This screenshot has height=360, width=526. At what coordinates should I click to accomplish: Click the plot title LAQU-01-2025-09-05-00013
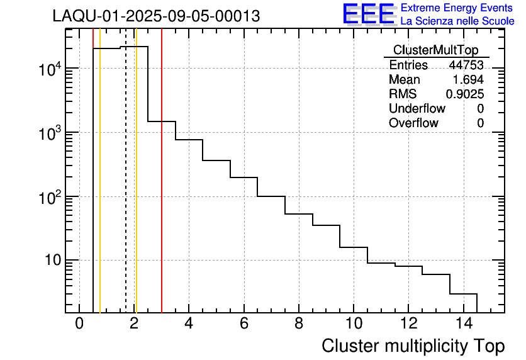tap(156, 16)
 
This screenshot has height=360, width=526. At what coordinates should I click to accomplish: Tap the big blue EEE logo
tap(368, 14)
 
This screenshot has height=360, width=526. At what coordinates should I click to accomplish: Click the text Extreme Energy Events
tap(457, 8)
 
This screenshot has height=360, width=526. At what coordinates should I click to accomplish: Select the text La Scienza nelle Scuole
tap(457, 21)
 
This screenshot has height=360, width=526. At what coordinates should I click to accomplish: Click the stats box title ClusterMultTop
tap(435, 50)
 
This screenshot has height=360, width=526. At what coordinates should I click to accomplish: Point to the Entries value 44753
tap(466, 65)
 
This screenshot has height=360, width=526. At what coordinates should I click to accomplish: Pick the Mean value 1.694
tap(468, 80)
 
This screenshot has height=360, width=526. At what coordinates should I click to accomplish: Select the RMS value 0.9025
tap(465, 94)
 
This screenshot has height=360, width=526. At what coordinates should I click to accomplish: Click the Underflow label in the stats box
tap(417, 108)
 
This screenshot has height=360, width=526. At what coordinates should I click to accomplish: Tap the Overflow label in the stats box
tap(413, 123)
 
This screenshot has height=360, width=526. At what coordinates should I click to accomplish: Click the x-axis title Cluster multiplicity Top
tap(413, 346)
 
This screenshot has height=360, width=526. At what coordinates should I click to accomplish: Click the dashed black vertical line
tap(126, 189)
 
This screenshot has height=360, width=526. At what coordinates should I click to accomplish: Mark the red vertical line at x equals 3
tap(162, 189)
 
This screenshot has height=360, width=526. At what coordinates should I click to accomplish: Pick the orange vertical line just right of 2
tap(136, 189)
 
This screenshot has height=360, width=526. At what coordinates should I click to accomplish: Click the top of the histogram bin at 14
tap(464, 294)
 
